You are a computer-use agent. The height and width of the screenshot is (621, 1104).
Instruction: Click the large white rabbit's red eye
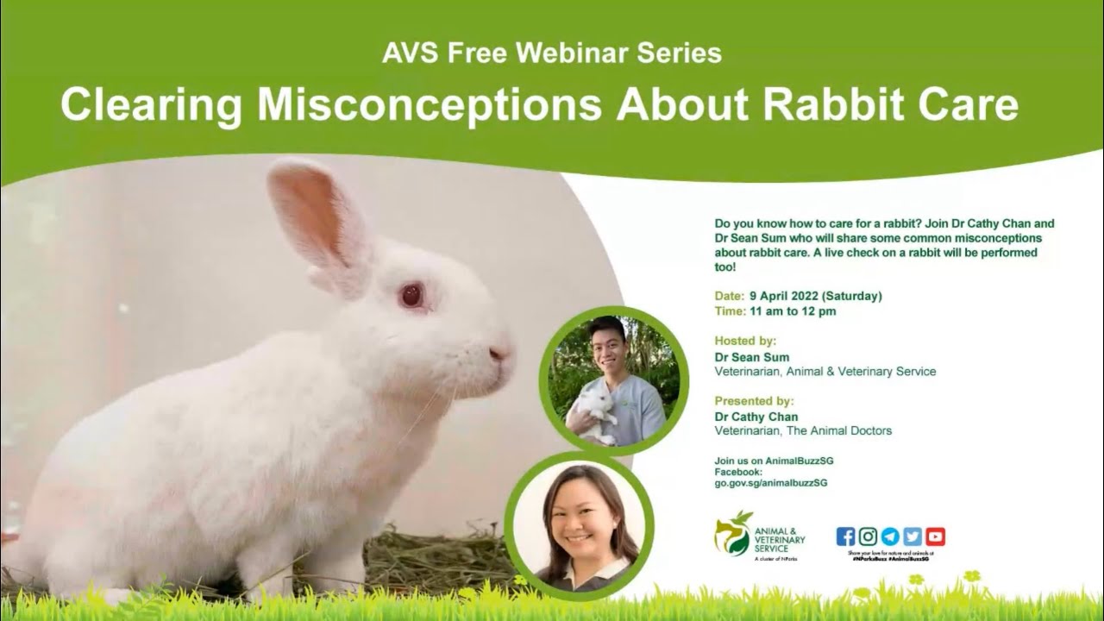coord(411,296)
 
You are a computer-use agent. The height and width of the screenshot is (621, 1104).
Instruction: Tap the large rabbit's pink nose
coord(499,353)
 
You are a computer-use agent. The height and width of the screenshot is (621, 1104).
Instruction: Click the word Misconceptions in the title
coord(429,105)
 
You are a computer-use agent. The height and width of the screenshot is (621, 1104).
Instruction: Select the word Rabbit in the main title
coord(832,105)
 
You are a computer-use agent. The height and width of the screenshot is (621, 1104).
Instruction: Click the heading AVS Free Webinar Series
coord(552,53)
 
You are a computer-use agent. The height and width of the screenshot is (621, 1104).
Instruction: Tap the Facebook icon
coord(845,536)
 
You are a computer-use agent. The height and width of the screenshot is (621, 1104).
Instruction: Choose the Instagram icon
coord(868,536)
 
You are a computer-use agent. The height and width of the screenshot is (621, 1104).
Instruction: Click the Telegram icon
coord(890,536)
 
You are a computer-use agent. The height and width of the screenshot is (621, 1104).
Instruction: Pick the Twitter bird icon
coord(913,536)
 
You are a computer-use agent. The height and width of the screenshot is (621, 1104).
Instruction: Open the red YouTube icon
coord(935,536)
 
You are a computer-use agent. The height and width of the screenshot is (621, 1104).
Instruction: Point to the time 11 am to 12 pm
coord(793,311)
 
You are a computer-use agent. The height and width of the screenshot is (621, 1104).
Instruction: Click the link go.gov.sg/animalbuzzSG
coord(770,483)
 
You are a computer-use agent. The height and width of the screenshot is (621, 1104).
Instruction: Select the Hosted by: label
coord(745,341)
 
